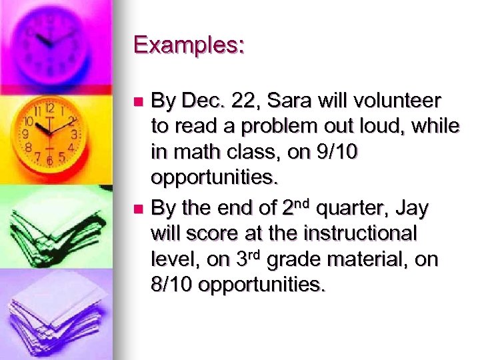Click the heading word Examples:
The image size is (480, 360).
pyautogui.click(x=189, y=45)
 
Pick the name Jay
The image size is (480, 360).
pyautogui.click(x=413, y=209)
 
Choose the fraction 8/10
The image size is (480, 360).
pyautogui.click(x=172, y=286)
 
